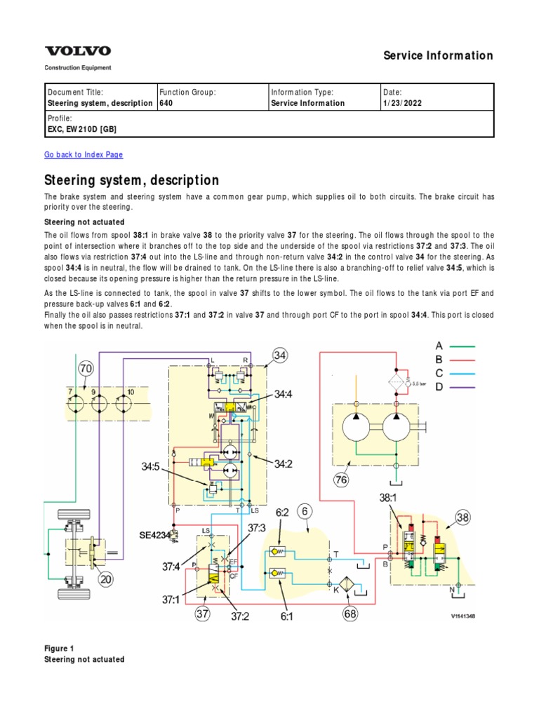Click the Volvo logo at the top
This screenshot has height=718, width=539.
click(78, 51)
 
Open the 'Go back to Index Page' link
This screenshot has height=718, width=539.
click(84, 154)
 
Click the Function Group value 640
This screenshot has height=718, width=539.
click(166, 103)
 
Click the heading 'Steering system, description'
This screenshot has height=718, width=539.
click(131, 180)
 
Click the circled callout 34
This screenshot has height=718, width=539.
click(280, 356)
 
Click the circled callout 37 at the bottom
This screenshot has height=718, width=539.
click(203, 615)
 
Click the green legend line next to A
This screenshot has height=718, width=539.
click(464, 346)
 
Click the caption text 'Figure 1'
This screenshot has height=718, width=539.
click(60, 648)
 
